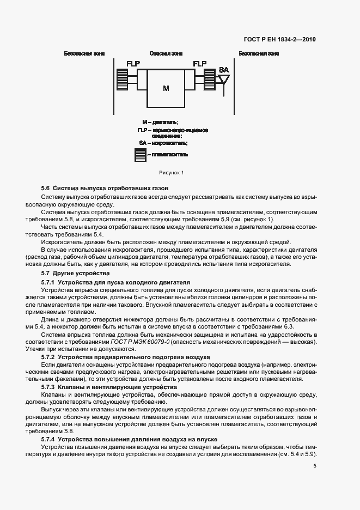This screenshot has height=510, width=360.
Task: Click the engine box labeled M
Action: [166, 88]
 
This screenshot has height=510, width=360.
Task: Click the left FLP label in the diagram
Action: [133, 64]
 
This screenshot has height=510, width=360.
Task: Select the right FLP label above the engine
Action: [200, 64]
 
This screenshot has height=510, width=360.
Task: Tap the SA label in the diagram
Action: [224, 70]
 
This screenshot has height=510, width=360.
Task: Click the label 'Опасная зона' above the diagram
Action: [166, 53]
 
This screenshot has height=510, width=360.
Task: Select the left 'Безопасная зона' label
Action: [84, 53]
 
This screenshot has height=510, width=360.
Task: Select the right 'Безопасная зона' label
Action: [259, 53]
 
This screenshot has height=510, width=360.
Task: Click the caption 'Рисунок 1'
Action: [172, 173]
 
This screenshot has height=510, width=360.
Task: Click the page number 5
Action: [315, 466]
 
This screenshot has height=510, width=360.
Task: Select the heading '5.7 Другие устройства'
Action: [76, 272]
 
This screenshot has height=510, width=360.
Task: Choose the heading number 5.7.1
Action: [48, 283]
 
